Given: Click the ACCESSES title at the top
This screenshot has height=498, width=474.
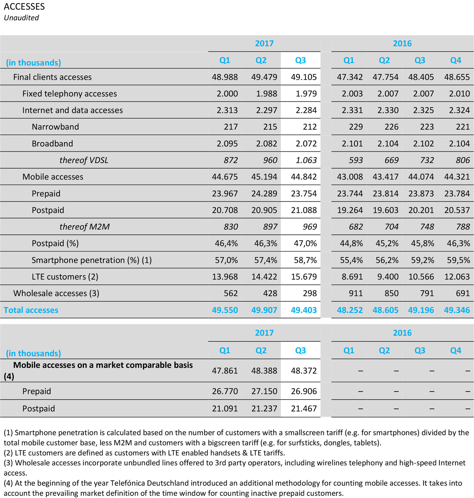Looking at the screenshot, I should coord(24,7).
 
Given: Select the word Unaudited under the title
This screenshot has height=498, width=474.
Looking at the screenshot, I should coord(21,18).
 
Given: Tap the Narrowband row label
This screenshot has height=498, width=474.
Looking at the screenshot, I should coord(55,127).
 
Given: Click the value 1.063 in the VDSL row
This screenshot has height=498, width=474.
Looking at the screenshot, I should coord(306,160).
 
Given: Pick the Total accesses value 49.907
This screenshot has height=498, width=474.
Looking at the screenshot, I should coord(264,310).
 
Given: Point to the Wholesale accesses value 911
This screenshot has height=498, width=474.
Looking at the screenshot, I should coord(355,293).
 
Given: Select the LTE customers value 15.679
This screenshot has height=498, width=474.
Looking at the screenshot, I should coord(304,277).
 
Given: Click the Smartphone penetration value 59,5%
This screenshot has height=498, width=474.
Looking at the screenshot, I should coord(458,260).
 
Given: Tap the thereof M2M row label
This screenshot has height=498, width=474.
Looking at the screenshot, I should coord(84,227).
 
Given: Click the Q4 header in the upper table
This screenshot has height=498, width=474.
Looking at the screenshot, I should coord(455,60).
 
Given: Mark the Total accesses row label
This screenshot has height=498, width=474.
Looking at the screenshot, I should coord(31,310).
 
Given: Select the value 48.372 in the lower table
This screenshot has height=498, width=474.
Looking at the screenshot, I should coord(304,371).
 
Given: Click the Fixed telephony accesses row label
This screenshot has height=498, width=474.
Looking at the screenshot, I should coord(70,94).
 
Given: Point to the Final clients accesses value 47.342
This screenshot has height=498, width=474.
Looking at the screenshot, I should coord(349,77).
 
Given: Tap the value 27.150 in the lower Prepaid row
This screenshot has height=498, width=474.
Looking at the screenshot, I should coord(264,391).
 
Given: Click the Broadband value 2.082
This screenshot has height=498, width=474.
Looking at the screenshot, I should coord(266,144).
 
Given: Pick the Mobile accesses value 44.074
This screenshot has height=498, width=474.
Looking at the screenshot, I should coord(421,177).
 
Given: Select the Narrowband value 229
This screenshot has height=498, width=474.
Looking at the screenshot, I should coord(355,127).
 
